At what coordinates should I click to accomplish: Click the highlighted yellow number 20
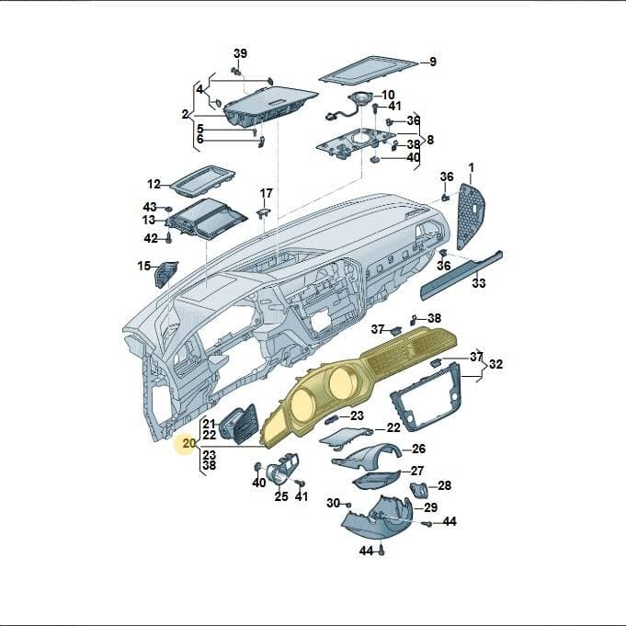pyautogui.click(x=188, y=443)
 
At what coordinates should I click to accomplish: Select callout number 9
pyautogui.click(x=433, y=62)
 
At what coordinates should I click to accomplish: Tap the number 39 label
pyautogui.click(x=240, y=53)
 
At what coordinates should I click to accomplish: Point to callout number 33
pyautogui.click(x=479, y=283)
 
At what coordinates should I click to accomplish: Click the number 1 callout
pyautogui.click(x=471, y=167)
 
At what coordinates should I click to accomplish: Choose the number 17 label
pyautogui.click(x=267, y=193)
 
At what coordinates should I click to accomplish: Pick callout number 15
pyautogui.click(x=143, y=266)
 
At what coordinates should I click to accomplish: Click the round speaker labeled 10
pyautogui.click(x=360, y=98)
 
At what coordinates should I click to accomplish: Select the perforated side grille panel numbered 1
pyautogui.click(x=471, y=216)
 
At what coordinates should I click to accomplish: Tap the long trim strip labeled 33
pyautogui.click(x=461, y=275)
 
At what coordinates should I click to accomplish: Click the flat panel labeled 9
pyautogui.click(x=367, y=70)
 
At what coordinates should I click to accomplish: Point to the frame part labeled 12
pyautogui.click(x=203, y=181)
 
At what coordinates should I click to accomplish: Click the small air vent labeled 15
pyautogui.click(x=165, y=274)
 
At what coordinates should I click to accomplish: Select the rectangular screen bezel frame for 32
pyautogui.click(x=426, y=397)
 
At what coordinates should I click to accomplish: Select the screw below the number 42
pyautogui.click(x=169, y=238)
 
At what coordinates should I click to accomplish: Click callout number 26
pyautogui.click(x=418, y=449)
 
